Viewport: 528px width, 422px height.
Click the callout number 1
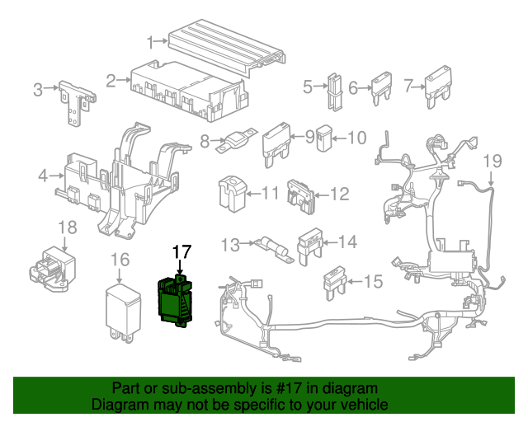(152, 41)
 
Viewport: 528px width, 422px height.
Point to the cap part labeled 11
(229, 192)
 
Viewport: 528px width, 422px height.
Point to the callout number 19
(492, 160)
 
